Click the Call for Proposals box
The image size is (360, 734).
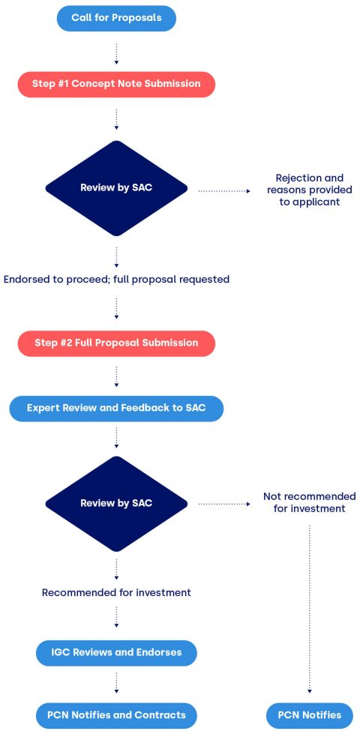click(116, 18)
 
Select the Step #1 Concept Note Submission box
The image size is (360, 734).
click(116, 84)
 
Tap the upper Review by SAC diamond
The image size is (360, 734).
click(116, 188)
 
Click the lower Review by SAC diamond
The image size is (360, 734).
click(116, 503)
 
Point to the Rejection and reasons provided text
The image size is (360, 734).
click(310, 190)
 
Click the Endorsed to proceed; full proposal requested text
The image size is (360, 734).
click(116, 279)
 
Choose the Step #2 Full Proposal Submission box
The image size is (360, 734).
click(116, 343)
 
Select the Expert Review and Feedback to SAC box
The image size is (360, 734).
click(116, 408)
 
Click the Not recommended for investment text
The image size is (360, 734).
click(310, 502)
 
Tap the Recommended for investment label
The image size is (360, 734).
click(116, 592)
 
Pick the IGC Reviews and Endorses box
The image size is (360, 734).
click(116, 652)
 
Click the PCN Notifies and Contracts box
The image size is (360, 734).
click(116, 715)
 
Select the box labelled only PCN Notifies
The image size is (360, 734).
click(310, 715)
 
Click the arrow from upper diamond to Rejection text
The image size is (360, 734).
click(224, 191)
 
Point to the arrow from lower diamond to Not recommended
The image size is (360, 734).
click(224, 505)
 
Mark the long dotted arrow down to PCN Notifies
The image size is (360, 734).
click(310, 607)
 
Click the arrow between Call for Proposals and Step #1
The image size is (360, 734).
click(116, 52)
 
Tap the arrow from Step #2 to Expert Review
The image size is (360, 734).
click(116, 376)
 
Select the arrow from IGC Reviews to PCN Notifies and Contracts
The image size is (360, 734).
click(116, 684)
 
